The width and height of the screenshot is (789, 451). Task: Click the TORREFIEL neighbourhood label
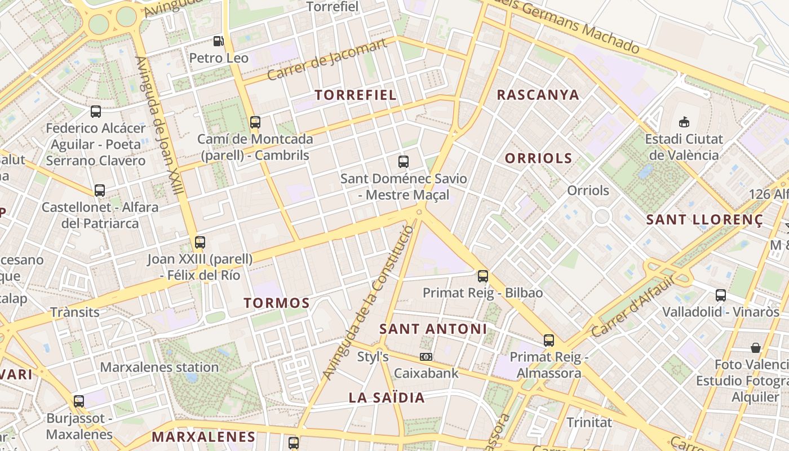click(356, 95)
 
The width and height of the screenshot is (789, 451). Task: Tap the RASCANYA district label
click(538, 95)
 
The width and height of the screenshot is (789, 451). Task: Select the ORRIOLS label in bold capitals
click(538, 158)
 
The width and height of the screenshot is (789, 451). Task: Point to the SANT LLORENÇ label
click(704, 220)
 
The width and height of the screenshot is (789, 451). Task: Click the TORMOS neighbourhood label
click(277, 303)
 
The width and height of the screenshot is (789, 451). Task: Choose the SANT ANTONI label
click(433, 329)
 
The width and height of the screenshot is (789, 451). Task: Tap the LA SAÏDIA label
click(387, 397)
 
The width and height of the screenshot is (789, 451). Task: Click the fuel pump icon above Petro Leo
click(218, 41)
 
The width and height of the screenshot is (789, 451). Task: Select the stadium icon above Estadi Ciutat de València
click(684, 121)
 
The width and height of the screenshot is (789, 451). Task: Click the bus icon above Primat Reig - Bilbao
click(483, 276)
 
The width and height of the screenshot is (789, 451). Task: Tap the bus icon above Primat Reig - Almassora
click(549, 340)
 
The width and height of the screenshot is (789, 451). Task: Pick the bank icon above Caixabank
click(426, 356)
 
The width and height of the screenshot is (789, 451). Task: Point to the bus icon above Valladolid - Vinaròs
click(721, 295)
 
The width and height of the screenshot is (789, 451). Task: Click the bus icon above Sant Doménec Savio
click(404, 162)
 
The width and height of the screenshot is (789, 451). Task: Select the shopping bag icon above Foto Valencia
click(755, 348)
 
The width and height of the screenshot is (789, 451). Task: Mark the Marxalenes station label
click(159, 368)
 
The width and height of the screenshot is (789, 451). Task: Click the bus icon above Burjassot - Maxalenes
click(79, 401)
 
